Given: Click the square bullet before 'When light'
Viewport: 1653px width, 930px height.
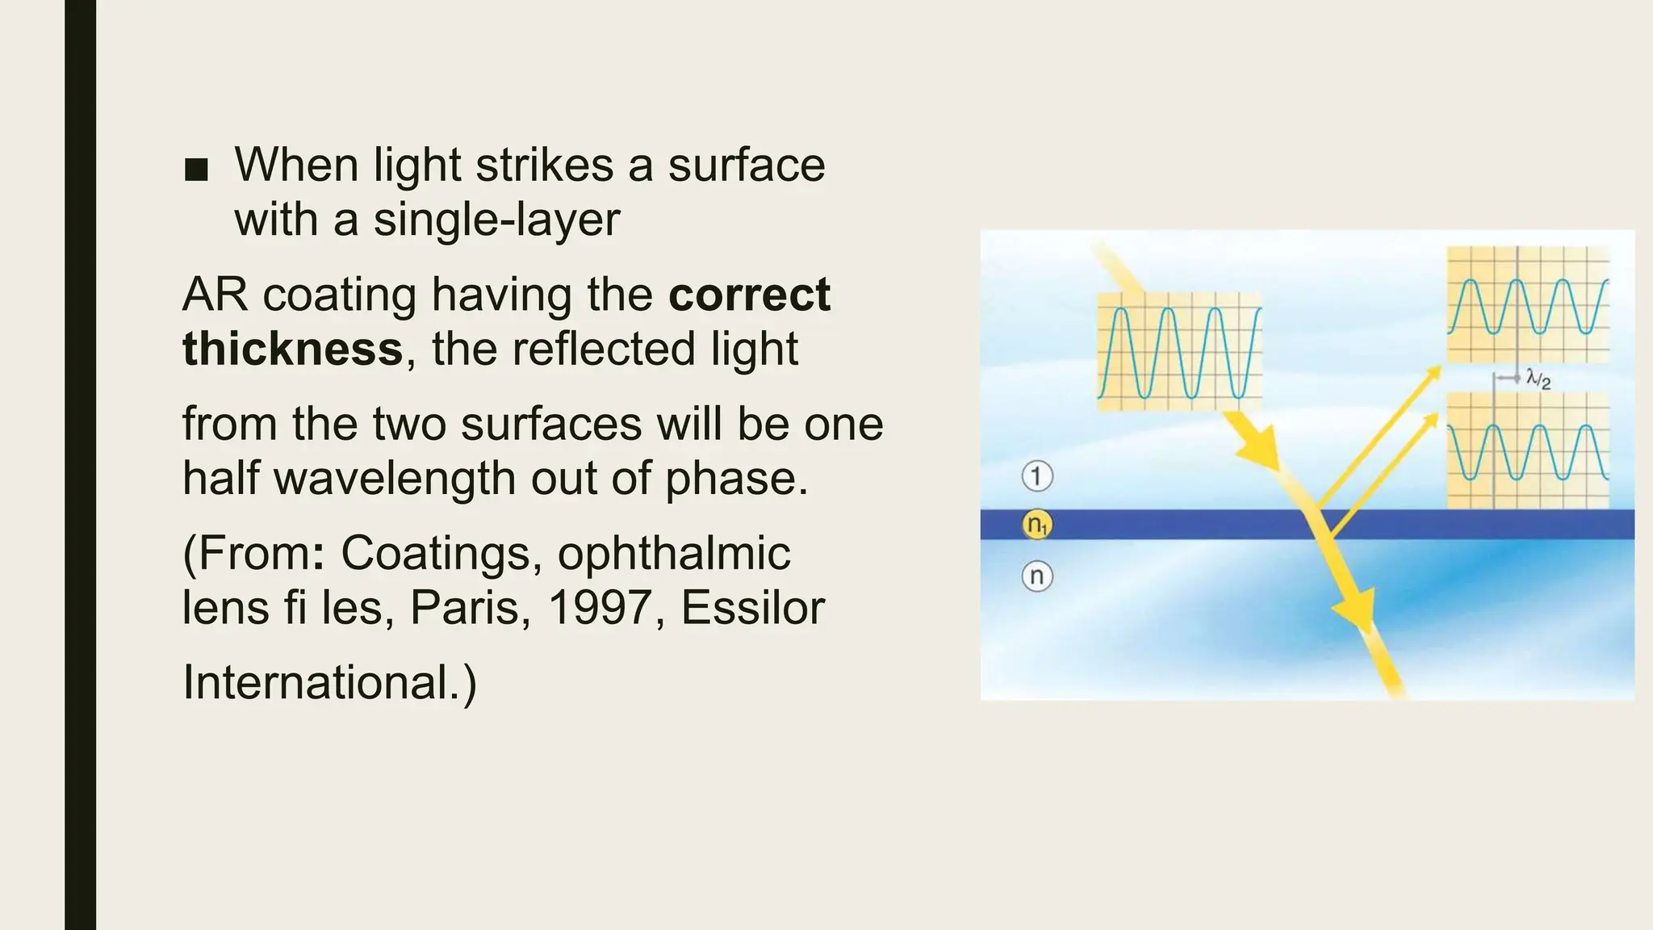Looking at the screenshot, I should tap(196, 170).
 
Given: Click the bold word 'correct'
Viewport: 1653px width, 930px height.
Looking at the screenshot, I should tap(749, 294).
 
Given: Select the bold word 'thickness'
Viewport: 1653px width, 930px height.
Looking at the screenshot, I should tap(292, 349).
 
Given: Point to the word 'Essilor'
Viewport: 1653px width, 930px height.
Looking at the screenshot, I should tap(752, 607).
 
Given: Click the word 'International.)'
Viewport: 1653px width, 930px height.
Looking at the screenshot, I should tap(329, 682).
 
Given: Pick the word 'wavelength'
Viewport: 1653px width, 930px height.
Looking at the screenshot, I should tap(395, 478).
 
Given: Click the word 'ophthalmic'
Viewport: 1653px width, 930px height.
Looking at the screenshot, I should tap(673, 553).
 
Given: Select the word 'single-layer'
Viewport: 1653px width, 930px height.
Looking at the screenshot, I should tap(496, 220).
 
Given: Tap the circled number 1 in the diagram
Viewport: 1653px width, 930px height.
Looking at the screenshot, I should tap(1037, 475).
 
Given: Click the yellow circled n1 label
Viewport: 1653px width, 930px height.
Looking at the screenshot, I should tap(1037, 526).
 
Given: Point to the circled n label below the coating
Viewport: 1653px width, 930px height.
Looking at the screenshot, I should tap(1037, 576).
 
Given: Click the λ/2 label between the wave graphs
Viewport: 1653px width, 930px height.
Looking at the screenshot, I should tap(1538, 378).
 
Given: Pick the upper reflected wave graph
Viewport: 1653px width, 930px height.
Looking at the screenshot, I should tap(1528, 304).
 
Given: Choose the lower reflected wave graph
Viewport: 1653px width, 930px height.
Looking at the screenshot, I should tap(1528, 450).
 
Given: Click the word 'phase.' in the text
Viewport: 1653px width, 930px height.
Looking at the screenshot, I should tap(736, 478).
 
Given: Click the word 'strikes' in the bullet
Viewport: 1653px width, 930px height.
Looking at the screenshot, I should tap(544, 165).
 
